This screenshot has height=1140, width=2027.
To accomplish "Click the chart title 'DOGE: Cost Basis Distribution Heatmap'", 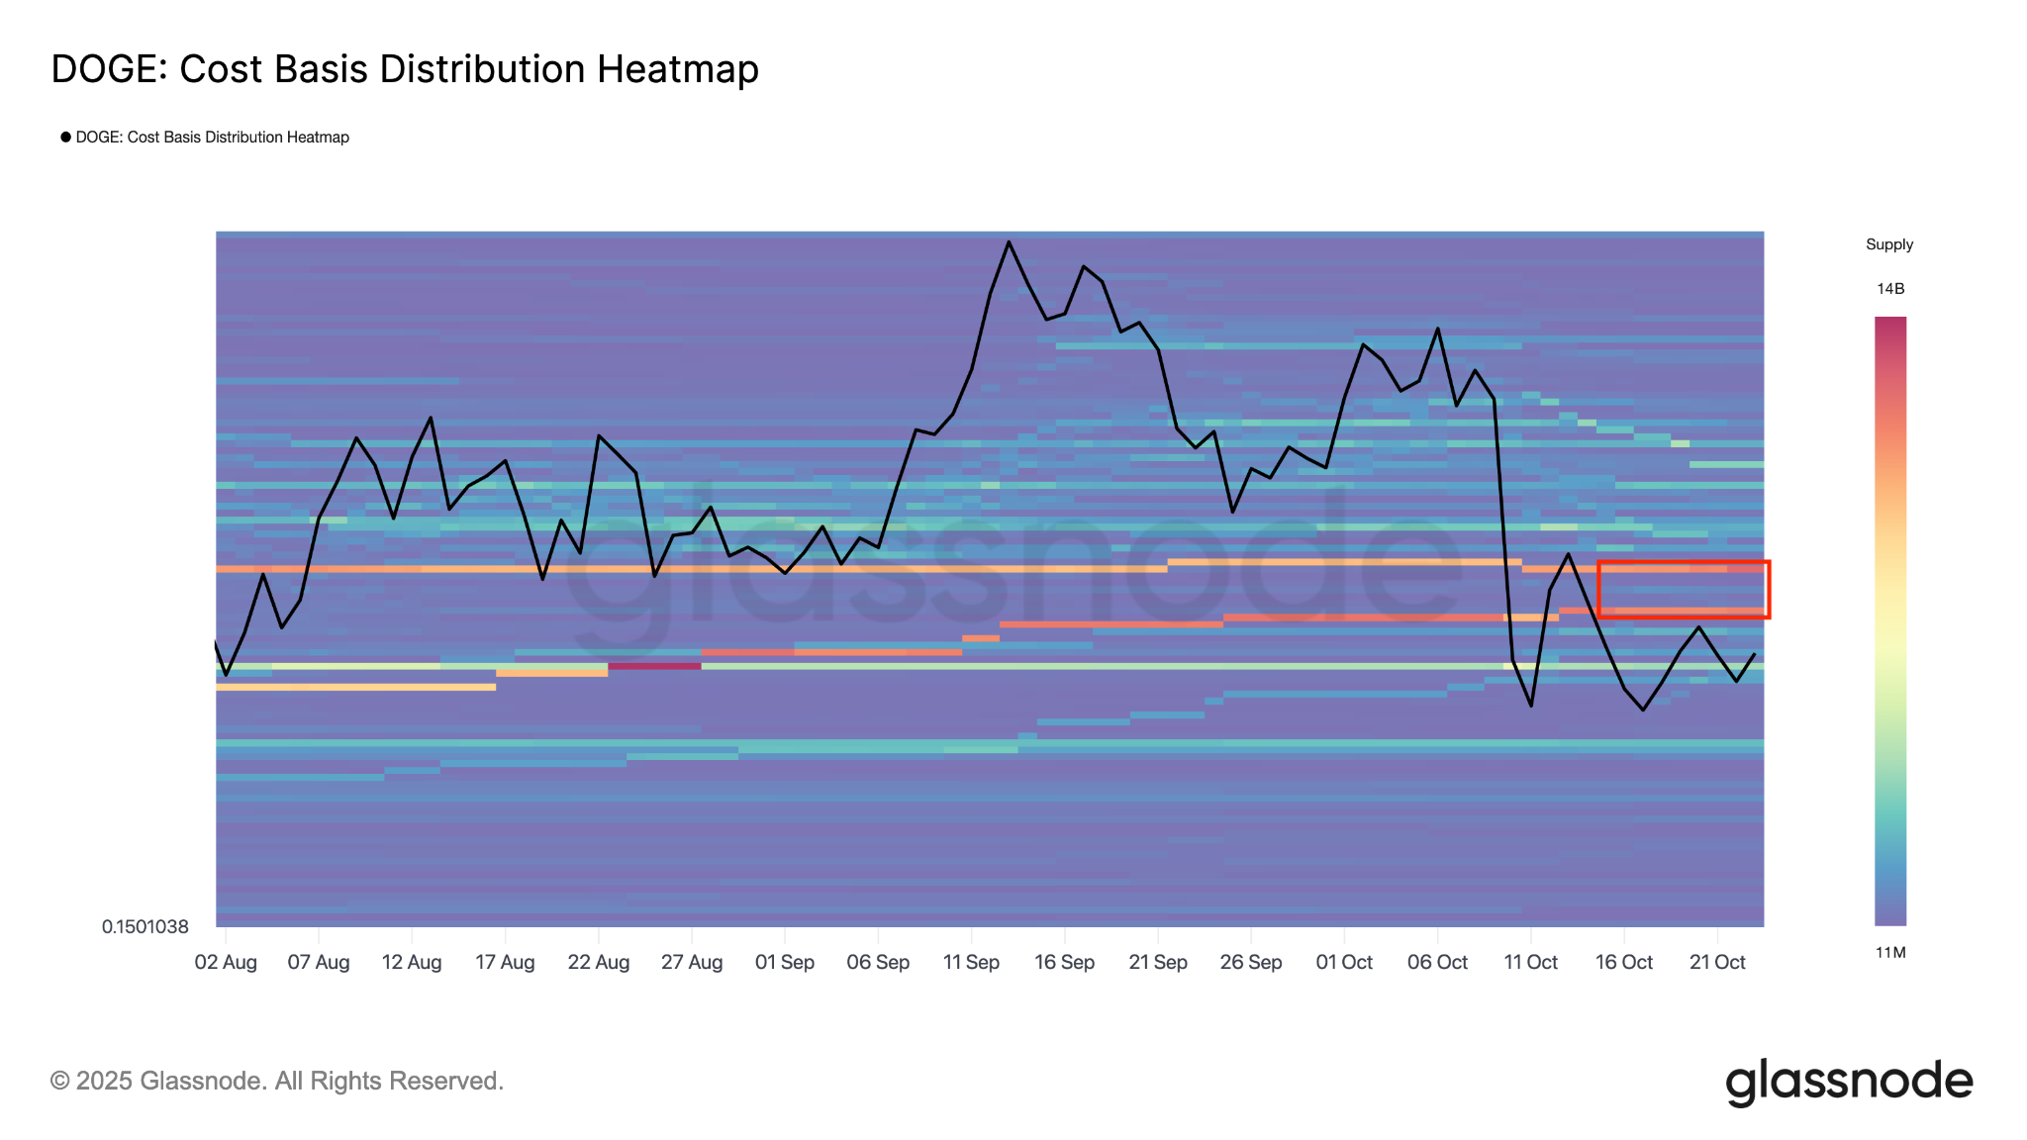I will (x=405, y=69).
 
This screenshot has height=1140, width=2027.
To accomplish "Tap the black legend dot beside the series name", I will (x=65, y=137).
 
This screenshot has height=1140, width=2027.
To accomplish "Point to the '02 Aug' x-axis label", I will (x=226, y=962).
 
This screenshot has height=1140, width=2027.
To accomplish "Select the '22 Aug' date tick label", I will (x=599, y=962).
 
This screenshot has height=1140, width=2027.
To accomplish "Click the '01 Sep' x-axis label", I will (x=785, y=962).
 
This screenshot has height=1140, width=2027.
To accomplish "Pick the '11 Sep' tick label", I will (x=971, y=962).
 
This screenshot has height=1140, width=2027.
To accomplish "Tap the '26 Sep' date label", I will (x=1251, y=962).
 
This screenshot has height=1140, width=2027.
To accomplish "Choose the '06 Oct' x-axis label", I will (x=1437, y=962).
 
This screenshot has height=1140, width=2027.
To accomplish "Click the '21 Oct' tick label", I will (x=1717, y=962).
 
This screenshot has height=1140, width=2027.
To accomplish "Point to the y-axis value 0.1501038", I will (x=145, y=926).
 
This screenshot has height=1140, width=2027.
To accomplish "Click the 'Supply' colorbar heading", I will (x=1889, y=244).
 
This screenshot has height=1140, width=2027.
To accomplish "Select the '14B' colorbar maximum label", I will (x=1890, y=289).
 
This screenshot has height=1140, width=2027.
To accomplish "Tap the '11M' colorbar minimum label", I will (x=1890, y=953).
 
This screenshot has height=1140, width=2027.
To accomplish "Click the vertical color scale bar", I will (x=1890, y=620).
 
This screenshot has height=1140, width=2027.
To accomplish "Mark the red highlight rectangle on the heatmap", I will (x=1684, y=590).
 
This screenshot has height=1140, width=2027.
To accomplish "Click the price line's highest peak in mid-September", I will (x=1009, y=241).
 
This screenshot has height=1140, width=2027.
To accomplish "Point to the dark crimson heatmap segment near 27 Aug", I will (x=654, y=666).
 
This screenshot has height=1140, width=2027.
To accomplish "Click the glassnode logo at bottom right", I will (x=1849, y=1082).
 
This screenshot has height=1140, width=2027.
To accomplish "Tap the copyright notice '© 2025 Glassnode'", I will (x=277, y=1081).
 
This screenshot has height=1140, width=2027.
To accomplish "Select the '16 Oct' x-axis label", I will (x=1624, y=962).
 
